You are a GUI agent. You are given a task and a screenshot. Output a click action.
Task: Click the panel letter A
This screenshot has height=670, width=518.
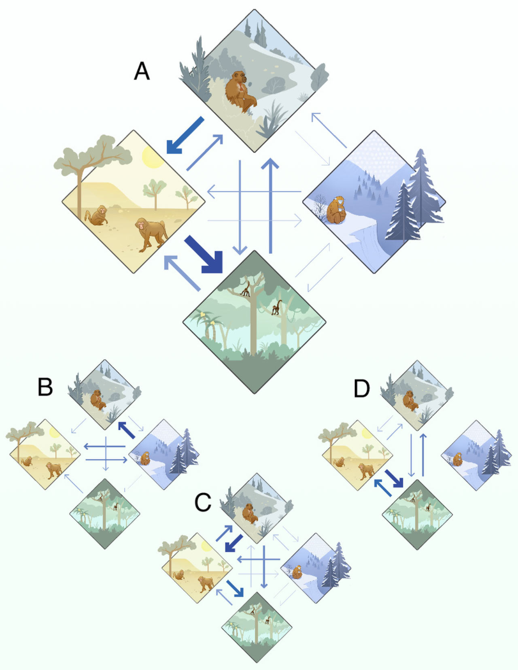pyautogui.click(x=142, y=71)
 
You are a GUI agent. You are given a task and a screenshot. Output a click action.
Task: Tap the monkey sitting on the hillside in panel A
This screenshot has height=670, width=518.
pyautogui.click(x=240, y=91)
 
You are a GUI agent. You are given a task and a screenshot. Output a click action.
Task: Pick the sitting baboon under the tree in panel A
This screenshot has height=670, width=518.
pyautogui.click(x=97, y=216)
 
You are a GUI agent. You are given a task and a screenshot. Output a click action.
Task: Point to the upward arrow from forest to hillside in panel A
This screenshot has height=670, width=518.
pyautogui.click(x=270, y=206)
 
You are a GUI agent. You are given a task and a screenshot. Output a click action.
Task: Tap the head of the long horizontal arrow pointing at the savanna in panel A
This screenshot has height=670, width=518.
pyautogui.click(x=211, y=191)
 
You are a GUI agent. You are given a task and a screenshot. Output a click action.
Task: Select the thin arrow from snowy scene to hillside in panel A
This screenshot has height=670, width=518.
pyautogui.click(x=329, y=130)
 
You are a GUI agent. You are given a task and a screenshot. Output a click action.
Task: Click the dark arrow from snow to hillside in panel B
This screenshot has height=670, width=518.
pyautogui.click(x=127, y=430)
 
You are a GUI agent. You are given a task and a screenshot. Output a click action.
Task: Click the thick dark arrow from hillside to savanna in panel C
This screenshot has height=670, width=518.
pyautogui.click(x=234, y=543)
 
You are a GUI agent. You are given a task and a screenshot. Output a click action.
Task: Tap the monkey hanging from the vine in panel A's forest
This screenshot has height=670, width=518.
pyautogui.click(x=277, y=308)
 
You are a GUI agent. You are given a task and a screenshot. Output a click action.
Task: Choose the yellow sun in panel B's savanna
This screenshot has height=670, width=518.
pyautogui.click(x=55, y=433)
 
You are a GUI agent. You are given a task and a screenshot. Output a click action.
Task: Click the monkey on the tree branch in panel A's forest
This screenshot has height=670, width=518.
pyautogui.click(x=246, y=289)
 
